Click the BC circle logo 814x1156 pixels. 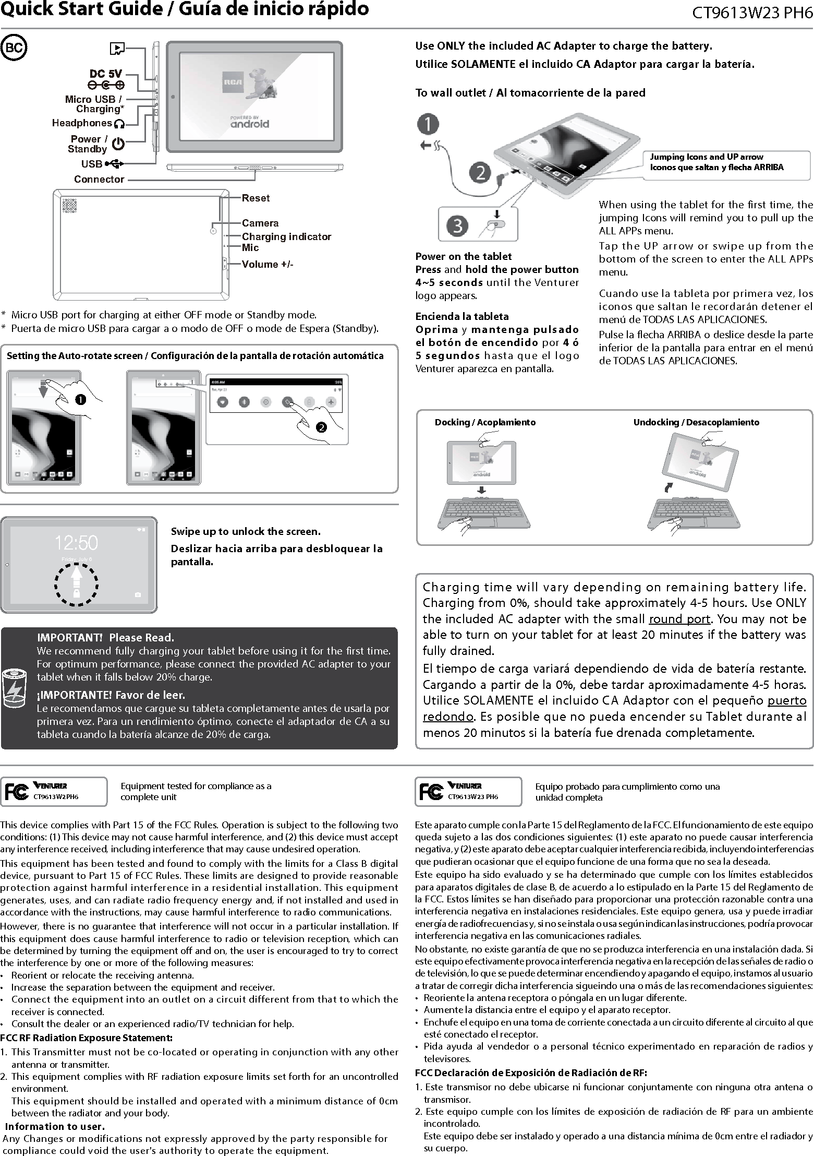(14, 48)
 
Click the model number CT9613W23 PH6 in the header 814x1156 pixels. (751, 13)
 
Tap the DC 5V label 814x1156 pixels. (106, 74)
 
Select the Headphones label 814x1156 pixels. (82, 123)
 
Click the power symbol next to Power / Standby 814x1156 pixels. (119, 144)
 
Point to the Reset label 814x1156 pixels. (256, 198)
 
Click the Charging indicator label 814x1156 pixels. (286, 237)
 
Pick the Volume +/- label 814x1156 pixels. (268, 265)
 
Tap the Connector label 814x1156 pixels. (99, 180)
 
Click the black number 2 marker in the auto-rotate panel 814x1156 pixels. (321, 427)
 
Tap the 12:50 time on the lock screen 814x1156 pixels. (77, 543)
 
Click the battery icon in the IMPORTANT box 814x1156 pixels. (14, 689)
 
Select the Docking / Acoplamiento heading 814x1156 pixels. (485, 422)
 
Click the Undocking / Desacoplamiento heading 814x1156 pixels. (696, 422)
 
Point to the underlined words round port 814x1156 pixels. (679, 619)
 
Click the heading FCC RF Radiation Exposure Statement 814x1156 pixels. (87, 1038)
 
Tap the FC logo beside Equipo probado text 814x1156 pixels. (431, 792)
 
